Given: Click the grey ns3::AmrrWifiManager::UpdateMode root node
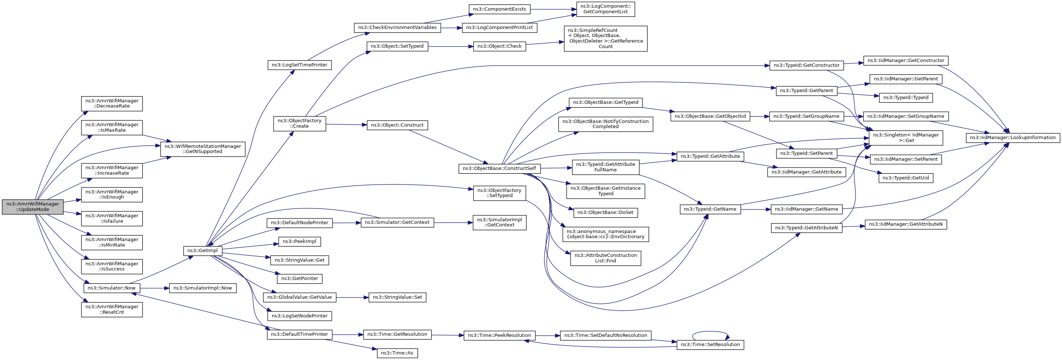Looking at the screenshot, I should click(x=33, y=207).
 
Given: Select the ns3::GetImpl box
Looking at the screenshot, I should click(x=202, y=251).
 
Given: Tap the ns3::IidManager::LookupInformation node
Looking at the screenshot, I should click(x=1012, y=138).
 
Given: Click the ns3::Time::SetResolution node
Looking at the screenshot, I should click(x=710, y=345).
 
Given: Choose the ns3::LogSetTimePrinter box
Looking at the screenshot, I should click(x=299, y=65).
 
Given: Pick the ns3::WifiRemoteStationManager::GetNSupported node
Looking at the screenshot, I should click(x=202, y=149).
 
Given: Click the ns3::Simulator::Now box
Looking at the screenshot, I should click(x=111, y=288).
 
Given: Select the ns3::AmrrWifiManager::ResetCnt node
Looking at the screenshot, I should click(x=112, y=310).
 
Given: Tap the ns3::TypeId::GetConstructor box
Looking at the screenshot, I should click(x=806, y=66).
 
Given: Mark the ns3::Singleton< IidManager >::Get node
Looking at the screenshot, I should click(x=905, y=138).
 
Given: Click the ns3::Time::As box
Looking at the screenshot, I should click(x=397, y=353).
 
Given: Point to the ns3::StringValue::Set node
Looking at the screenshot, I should click(x=397, y=297).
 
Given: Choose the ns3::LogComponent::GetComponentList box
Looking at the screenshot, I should click(x=605, y=9).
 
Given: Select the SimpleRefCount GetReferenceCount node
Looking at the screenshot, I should click(x=605, y=39).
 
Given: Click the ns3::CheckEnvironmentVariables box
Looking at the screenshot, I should click(x=397, y=28).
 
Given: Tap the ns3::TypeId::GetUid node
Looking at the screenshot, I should click(x=905, y=178).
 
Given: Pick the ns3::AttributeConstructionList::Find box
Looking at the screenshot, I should click(x=605, y=258).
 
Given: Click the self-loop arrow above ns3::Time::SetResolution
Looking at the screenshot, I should click(x=710, y=332).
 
